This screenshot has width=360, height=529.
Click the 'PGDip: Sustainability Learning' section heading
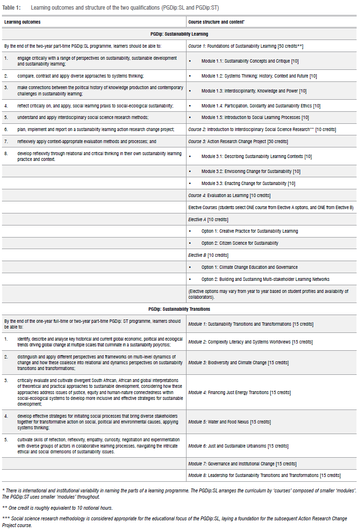click(179, 34)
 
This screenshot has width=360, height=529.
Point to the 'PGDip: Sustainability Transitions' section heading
click(179, 309)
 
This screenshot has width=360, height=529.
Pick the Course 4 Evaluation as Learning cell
click(222, 195)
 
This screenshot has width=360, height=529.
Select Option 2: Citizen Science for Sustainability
click(240, 243)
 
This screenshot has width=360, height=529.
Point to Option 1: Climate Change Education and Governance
click(249, 267)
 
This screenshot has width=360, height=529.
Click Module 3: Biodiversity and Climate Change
click(238, 362)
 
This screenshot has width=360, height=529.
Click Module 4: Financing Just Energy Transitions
click(239, 392)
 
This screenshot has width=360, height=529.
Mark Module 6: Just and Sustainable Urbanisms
click(238, 446)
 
